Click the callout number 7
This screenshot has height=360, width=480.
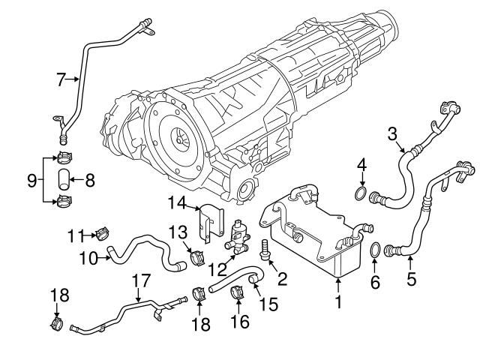pos(61,77)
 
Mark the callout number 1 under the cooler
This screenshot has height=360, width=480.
pos(338,304)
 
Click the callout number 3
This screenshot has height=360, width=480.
pos(391,134)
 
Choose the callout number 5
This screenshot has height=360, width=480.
pos(410,281)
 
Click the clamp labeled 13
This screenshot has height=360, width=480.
pos(199,257)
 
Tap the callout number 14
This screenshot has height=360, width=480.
pos(175,202)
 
